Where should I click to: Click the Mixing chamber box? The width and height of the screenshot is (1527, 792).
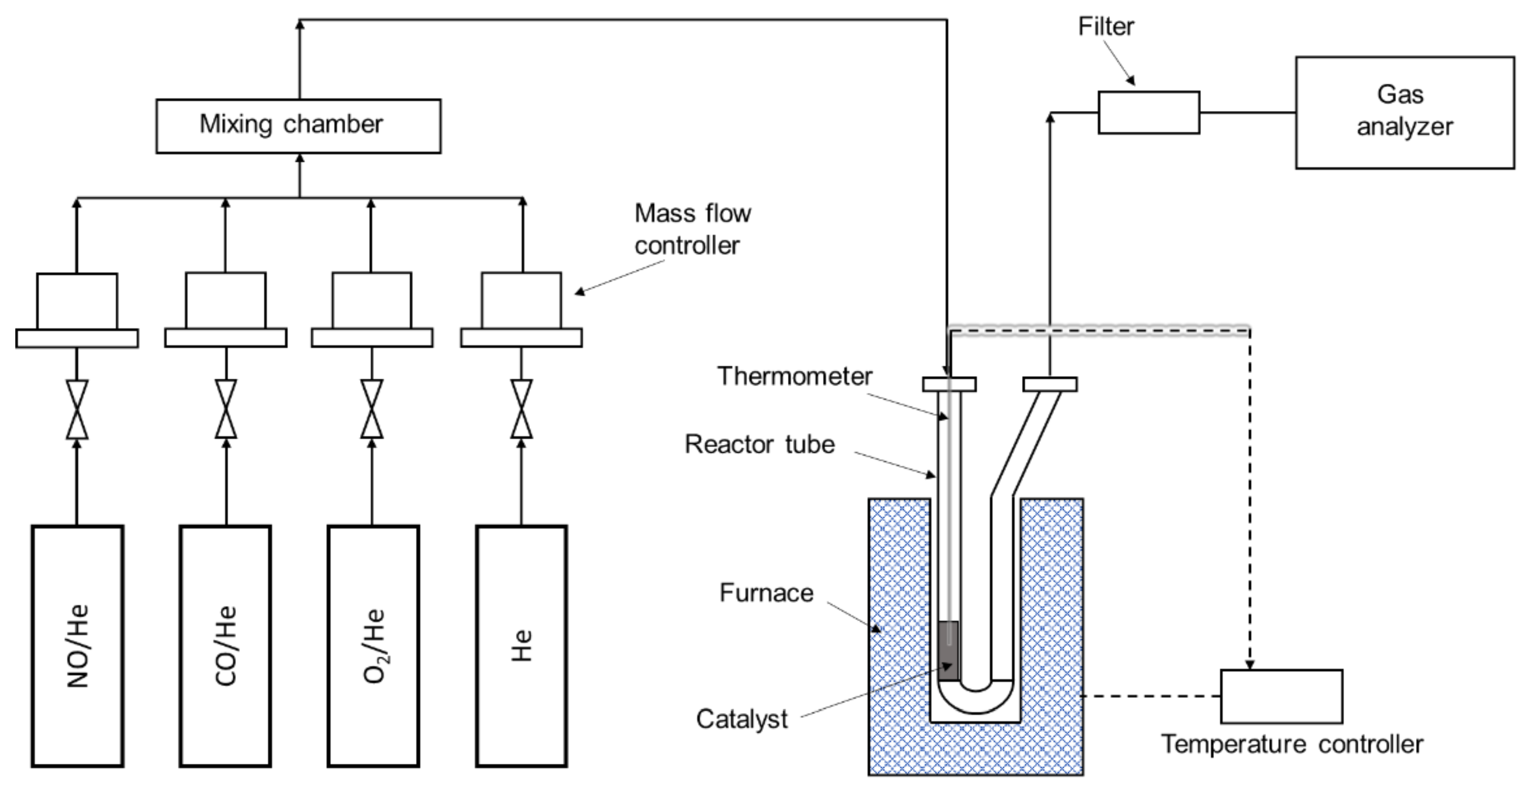(298, 126)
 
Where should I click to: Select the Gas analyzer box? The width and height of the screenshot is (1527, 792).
(1404, 112)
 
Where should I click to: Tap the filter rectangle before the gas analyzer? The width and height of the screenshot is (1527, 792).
(1148, 112)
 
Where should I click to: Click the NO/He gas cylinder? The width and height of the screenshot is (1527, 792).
(78, 646)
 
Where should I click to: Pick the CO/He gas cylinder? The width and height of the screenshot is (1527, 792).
(225, 646)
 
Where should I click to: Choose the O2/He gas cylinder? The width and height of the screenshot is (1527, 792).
(373, 646)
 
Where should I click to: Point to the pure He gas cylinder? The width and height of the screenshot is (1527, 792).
(521, 646)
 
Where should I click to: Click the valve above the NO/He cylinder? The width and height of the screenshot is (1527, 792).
(77, 410)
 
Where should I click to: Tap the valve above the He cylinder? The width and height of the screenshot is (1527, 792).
(521, 410)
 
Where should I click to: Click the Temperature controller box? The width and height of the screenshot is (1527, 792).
(1281, 697)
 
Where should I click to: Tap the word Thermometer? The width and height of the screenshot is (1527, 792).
(794, 376)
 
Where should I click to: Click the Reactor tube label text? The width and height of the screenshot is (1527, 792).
(759, 444)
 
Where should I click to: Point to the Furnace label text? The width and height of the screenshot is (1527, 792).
(766, 593)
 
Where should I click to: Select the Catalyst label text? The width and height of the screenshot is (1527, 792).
(741, 719)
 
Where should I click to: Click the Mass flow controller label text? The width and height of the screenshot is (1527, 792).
(692, 229)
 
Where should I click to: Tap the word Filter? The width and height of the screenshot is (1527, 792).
(1106, 26)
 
